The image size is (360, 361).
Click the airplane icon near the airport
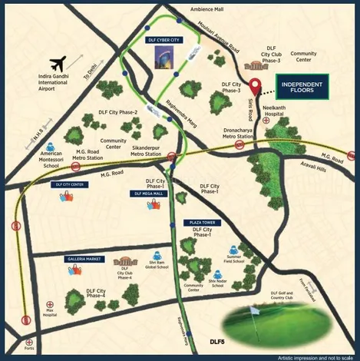point(57,62)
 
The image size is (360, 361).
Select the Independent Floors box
point(302,86)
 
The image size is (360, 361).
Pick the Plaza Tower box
point(202,222)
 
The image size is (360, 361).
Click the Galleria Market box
point(85,260)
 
